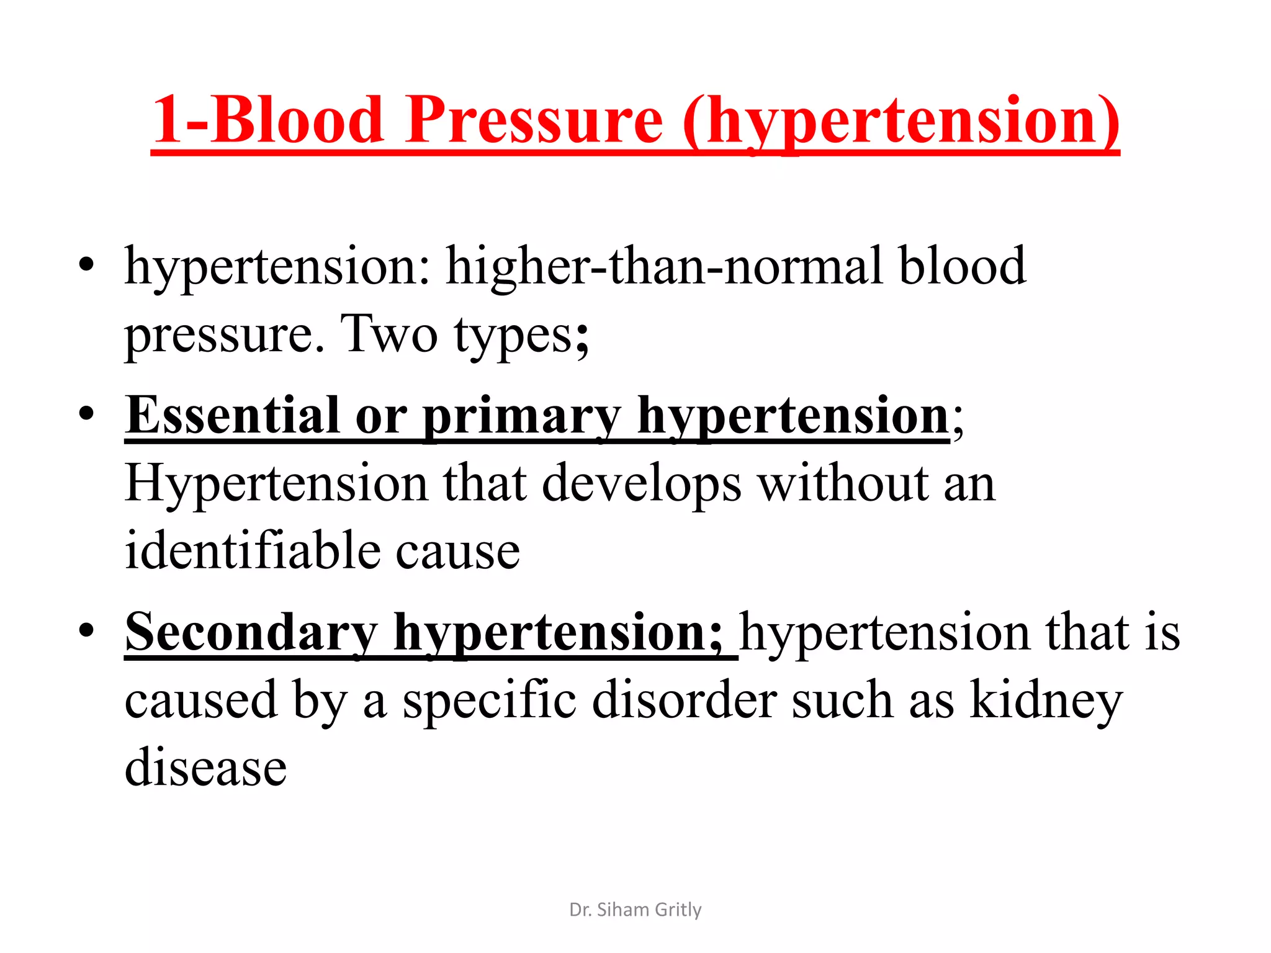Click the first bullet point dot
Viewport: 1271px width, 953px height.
click(x=86, y=265)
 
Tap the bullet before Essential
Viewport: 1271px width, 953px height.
click(x=86, y=413)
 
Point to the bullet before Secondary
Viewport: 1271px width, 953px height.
click(x=86, y=630)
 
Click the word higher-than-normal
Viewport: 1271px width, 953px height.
click(x=664, y=266)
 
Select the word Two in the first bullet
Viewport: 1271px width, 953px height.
click(x=390, y=334)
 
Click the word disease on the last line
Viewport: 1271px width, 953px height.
click(x=205, y=767)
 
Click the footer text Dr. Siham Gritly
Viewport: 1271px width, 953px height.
click(x=635, y=910)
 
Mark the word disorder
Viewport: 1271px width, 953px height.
click(x=684, y=700)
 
